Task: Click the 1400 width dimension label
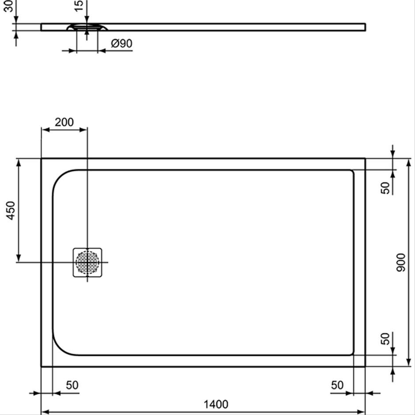coord(216,404)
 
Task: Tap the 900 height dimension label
coord(401,263)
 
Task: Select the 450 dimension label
coord(11,211)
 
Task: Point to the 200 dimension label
coord(64,122)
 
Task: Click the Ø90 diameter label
coord(122,43)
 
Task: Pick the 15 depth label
coord(79,6)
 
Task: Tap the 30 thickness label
coord(9,6)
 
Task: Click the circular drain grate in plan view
coord(87,263)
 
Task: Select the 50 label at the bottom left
coord(72,385)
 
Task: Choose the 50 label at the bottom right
coord(337,385)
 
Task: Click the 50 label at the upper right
coord(385,188)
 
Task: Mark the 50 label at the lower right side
coord(385,339)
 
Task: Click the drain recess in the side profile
coord(87,27)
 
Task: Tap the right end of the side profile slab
coord(366,27)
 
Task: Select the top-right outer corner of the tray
coord(365,158)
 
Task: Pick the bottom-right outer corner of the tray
coord(365,366)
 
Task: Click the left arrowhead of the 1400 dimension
coord(45,412)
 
